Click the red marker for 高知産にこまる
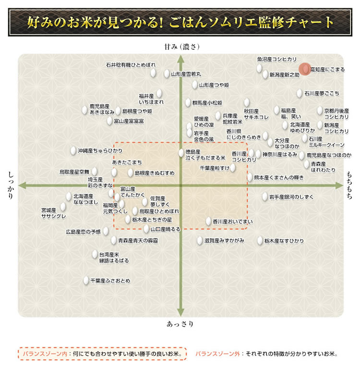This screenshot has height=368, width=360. pos(305,69)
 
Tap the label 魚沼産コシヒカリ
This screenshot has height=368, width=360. pos(276,59)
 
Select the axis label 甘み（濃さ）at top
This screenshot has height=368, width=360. pos(180,47)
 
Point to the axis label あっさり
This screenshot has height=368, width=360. pos(180,324)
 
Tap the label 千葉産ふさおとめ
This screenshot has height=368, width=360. pos(110,281)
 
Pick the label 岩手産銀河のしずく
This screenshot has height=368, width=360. pos(291,196)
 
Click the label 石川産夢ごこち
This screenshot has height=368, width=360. pos(322,93)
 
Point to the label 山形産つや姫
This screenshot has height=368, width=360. pos(214,85)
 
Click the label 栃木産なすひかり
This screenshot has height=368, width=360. pos(284,241)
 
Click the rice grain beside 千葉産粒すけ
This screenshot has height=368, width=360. pos(233,168)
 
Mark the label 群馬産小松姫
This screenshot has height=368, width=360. pos(207,103)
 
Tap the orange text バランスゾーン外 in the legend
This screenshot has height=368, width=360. pos(218,355)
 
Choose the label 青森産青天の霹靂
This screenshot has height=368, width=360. pos(134,240)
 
